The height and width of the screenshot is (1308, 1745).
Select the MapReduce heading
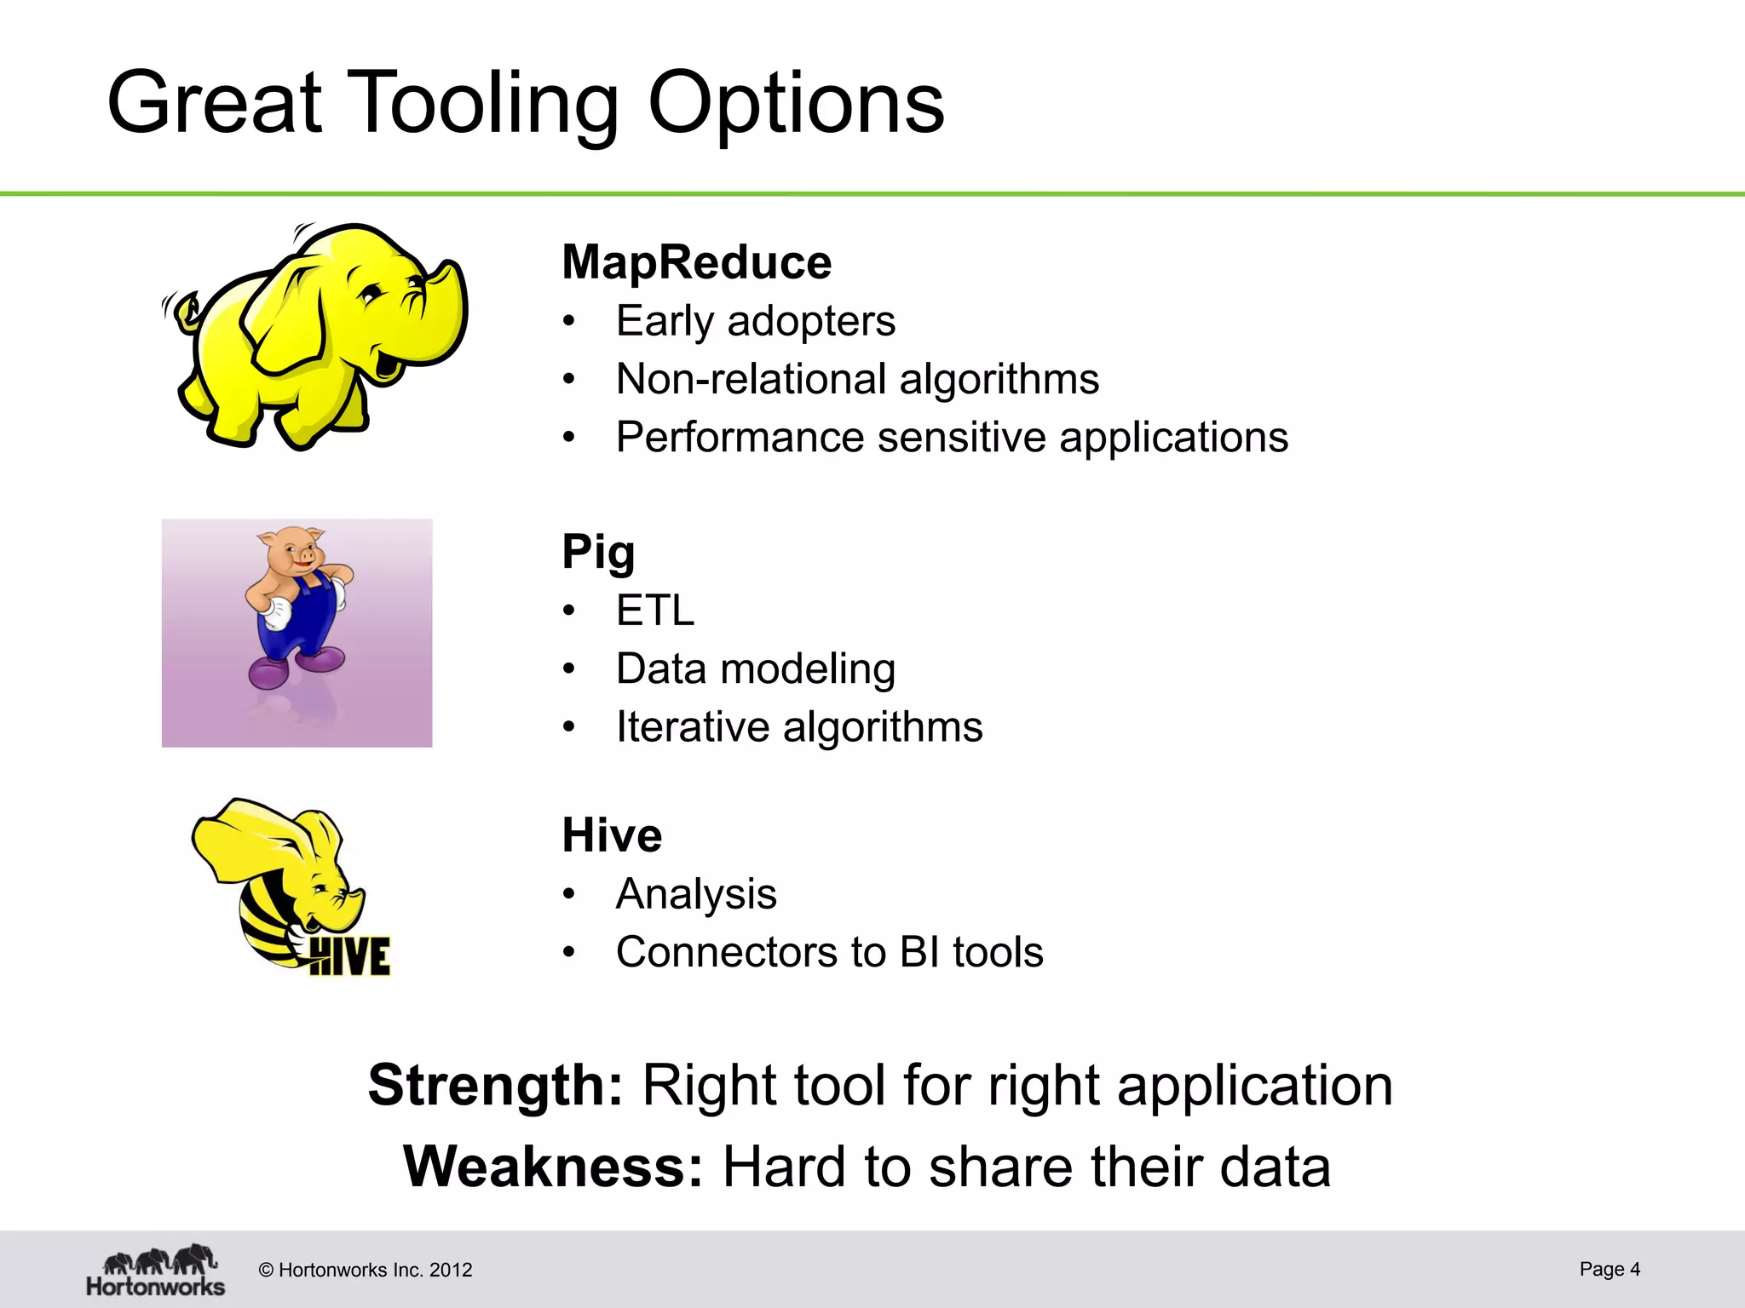(696, 261)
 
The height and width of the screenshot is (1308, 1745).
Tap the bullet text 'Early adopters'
(755, 321)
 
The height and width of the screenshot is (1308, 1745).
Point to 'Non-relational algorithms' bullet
(856, 379)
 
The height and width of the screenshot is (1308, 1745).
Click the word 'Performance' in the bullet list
(740, 438)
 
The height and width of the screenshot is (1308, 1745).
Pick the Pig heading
(598, 551)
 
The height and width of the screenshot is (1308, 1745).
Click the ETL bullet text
(654, 611)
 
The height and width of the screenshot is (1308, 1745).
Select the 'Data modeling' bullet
(755, 668)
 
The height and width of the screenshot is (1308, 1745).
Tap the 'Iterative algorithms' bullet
(798, 727)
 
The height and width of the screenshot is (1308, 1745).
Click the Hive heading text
(611, 835)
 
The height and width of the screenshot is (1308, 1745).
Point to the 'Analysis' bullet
(695, 894)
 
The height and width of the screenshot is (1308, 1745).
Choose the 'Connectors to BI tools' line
(829, 952)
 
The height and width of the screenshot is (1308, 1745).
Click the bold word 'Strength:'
(496, 1086)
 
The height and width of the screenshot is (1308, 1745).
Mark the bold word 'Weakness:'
(553, 1167)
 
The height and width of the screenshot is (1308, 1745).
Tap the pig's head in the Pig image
(292, 551)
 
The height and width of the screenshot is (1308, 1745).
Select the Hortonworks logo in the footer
(156, 1271)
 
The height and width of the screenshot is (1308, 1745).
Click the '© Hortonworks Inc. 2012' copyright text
(365, 1271)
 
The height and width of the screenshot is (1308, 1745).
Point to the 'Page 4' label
(1609, 1269)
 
